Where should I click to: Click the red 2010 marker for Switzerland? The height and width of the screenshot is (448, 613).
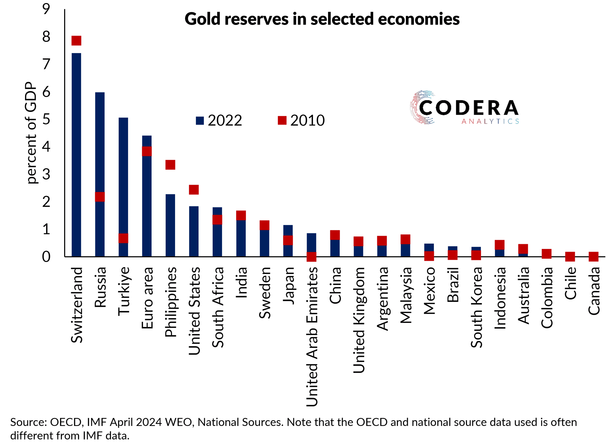click(76, 41)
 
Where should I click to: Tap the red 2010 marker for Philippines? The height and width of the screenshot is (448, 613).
click(170, 165)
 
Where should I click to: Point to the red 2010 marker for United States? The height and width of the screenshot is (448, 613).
click(194, 190)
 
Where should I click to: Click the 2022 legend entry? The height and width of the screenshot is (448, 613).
click(219, 120)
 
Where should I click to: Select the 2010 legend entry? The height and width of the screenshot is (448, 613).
click(301, 120)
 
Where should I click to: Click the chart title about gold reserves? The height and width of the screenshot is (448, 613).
click(322, 19)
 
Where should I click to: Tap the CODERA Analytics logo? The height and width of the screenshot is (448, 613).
click(464, 108)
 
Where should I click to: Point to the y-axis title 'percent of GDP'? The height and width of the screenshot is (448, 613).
click(31, 133)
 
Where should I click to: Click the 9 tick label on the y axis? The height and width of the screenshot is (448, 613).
click(46, 9)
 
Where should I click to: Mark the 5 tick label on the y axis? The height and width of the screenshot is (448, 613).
click(46, 119)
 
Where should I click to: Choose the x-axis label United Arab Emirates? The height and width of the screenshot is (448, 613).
click(312, 336)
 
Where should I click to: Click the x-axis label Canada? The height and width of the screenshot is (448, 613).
click(594, 291)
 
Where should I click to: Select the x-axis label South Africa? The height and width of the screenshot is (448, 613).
click(218, 307)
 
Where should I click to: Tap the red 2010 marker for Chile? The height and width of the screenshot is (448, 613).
click(570, 257)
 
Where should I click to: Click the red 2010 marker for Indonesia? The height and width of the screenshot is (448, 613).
click(499, 245)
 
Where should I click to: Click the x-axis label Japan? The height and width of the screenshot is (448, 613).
click(288, 286)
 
